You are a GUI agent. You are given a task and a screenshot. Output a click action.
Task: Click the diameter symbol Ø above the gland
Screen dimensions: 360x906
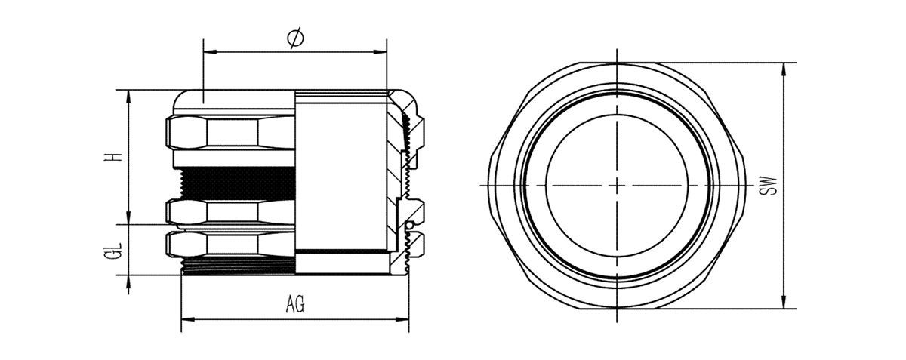(295, 38)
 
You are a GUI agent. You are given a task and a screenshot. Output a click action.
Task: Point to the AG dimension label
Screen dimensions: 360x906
(295, 306)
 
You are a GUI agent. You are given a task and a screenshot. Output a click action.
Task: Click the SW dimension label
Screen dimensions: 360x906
(769, 186)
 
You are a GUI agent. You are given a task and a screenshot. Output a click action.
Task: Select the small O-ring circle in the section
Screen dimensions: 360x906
(408, 226)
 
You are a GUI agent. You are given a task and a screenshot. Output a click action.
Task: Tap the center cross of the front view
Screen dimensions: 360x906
(618, 186)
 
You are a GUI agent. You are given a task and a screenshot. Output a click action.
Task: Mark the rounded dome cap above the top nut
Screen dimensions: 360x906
(234, 100)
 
